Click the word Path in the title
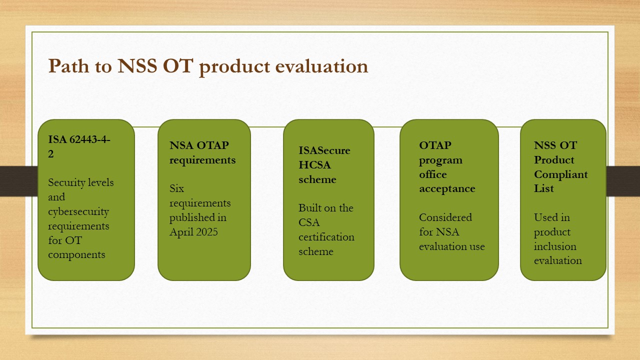(68, 66)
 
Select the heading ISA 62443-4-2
(79, 146)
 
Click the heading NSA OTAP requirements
(202, 152)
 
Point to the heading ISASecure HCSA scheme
(324, 165)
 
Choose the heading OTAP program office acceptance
(447, 167)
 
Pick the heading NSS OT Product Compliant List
(561, 167)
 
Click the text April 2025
(193, 232)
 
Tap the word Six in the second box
(176, 188)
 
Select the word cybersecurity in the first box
(78, 211)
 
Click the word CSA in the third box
(309, 222)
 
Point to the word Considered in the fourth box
(445, 217)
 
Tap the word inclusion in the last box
(555, 246)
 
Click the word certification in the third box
(326, 237)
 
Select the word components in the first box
(76, 255)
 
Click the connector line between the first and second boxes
(146, 127)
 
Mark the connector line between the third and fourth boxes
(386, 127)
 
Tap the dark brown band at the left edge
(19, 181)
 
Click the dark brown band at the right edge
(623, 181)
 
